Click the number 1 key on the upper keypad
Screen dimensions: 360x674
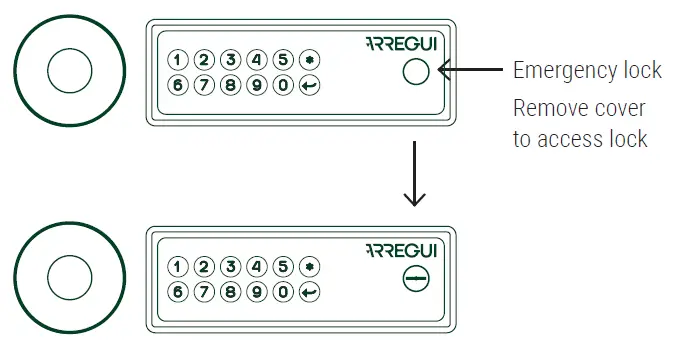coord(178,60)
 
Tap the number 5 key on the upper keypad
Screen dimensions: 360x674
coord(283,60)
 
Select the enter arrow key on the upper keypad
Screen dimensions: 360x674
coord(310,86)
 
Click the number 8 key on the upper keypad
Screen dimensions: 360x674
coord(230,86)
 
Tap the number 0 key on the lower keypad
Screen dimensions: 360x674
coord(283,293)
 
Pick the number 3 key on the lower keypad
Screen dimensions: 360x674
coord(230,267)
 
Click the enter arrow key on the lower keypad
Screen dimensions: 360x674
coord(310,293)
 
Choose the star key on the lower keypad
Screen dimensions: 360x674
coord(310,267)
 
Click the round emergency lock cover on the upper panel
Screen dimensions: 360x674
coord(414,71)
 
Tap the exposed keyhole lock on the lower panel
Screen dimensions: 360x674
coord(414,279)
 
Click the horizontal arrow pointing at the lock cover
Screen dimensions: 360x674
coord(470,70)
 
